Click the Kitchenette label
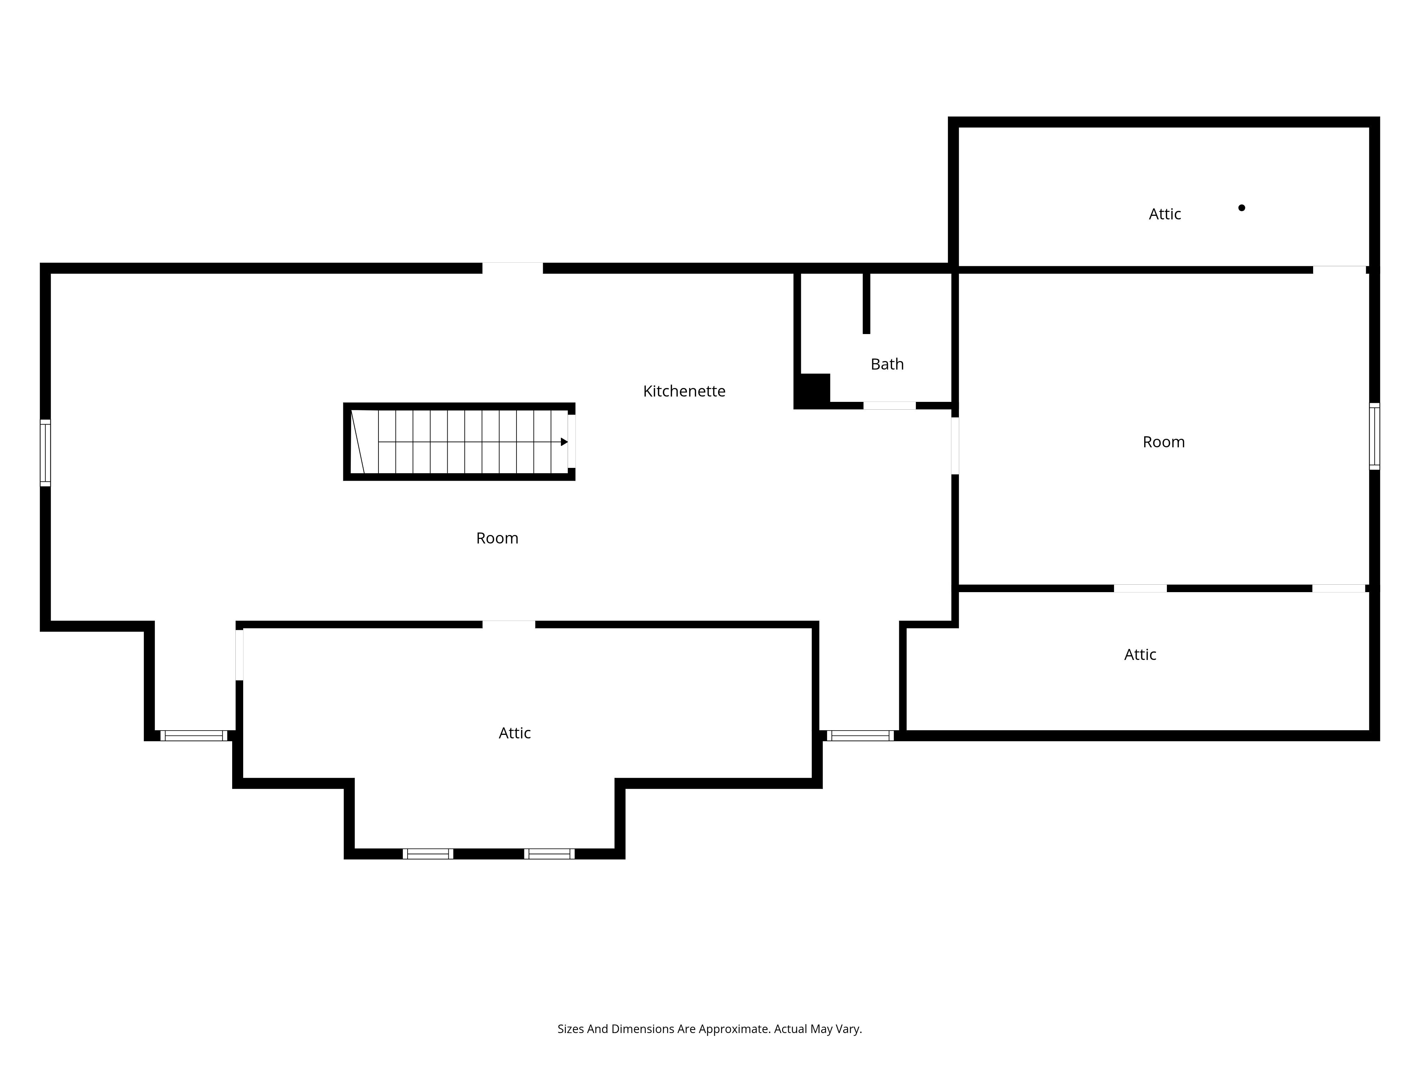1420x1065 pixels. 684,391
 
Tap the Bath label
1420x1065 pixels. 887,364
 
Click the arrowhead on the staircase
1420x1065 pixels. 564,442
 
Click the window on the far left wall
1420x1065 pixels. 45,453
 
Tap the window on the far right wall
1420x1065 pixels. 1375,436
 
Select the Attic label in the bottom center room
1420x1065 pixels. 515,733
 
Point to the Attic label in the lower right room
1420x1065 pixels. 1140,655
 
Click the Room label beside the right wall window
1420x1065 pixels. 1164,442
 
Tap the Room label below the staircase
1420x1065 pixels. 497,538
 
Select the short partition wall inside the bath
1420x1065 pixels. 866,303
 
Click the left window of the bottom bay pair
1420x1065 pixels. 428,854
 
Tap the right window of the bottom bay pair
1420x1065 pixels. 550,854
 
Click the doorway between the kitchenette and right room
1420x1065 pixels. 955,446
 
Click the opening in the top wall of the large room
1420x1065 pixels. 512,268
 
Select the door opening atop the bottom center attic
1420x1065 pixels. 508,624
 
